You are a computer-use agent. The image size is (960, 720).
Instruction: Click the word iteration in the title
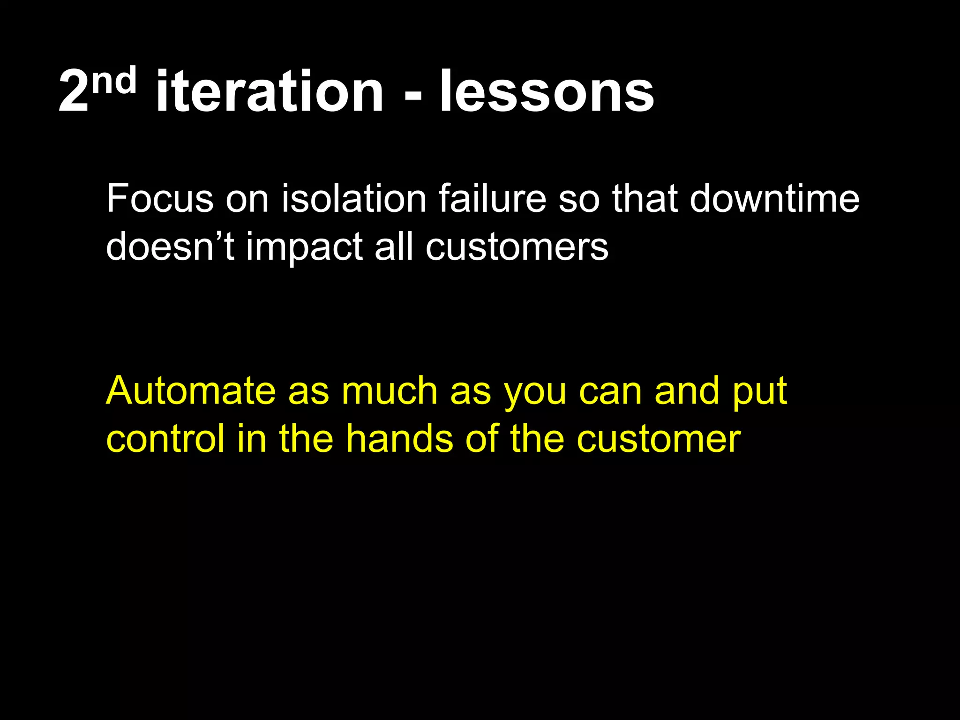coord(270,92)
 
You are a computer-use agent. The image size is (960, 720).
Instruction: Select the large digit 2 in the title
coord(74,93)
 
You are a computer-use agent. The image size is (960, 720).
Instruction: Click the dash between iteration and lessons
coord(412,96)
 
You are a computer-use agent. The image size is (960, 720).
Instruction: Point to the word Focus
coord(160,199)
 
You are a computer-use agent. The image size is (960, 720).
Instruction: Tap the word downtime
coord(774,199)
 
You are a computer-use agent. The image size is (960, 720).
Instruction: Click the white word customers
coord(517,247)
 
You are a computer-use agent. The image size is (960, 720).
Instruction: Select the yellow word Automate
coord(191,391)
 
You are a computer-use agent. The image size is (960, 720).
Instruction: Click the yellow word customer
coord(659,440)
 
